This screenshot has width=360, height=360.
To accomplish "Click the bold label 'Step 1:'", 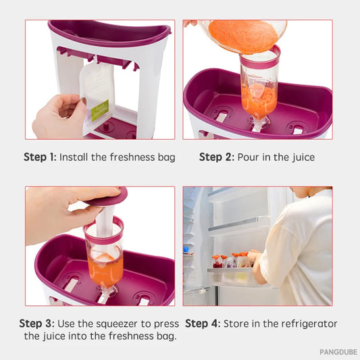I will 40,157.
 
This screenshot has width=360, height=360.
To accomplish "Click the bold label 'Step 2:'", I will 215,157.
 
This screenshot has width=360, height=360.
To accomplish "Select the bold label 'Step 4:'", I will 202,324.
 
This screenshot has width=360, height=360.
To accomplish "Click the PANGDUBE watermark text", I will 337,352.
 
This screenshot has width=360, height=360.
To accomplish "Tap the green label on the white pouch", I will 100,109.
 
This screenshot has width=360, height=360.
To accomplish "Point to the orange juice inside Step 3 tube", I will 104,267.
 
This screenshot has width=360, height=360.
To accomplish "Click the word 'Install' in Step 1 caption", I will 76,157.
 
